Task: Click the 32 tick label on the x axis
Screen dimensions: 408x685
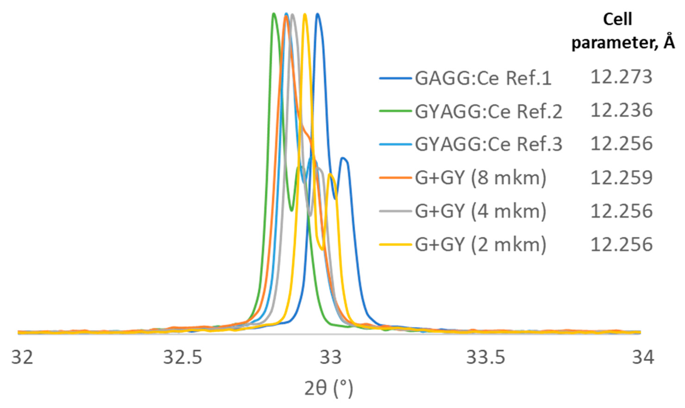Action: click(x=22, y=357)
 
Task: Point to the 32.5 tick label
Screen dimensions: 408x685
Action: click(x=182, y=357)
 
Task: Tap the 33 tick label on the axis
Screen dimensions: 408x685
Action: click(x=331, y=357)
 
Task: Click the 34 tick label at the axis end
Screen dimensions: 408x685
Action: click(x=643, y=357)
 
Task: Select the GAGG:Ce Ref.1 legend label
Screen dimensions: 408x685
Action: click(x=483, y=78)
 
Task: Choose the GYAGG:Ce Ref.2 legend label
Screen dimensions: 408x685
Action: click(x=488, y=112)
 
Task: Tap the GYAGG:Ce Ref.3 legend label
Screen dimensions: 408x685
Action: click(x=488, y=144)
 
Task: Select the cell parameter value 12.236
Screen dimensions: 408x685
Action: click(x=621, y=110)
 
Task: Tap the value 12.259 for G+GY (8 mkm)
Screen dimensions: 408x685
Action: click(x=621, y=177)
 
